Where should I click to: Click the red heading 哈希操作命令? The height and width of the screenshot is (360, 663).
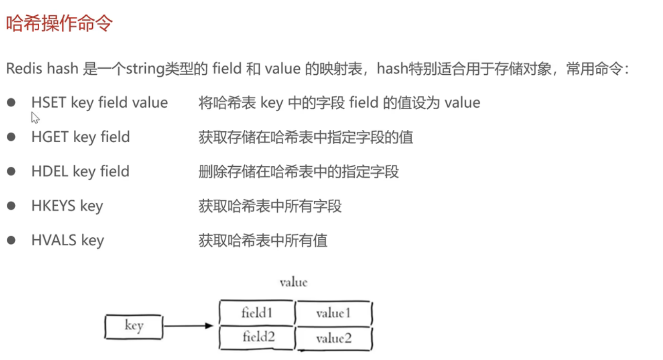pos(59,23)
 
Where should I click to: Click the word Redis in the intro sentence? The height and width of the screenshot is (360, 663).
pos(24,69)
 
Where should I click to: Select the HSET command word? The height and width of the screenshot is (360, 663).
pos(48,103)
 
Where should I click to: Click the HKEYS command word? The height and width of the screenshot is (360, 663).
pos(53,206)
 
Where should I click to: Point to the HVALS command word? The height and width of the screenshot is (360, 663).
pos(54,240)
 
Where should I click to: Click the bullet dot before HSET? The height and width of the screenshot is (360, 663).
pos(11,103)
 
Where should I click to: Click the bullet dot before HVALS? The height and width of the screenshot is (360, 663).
pos(11,240)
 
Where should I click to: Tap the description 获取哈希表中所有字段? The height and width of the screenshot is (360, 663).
pos(270,206)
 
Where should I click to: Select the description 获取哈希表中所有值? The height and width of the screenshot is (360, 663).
pos(263,240)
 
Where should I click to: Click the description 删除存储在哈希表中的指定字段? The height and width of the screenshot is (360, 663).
pos(299,172)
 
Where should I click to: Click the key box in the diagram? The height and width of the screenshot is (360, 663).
pos(134,326)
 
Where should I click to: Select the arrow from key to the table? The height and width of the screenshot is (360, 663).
pos(188,325)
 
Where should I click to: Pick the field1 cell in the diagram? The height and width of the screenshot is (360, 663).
pos(256,313)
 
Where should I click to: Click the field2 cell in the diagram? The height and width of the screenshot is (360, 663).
pos(258,337)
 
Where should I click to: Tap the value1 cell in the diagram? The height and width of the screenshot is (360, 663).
pos(333,313)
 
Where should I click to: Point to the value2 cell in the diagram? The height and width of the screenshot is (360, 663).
pos(333,338)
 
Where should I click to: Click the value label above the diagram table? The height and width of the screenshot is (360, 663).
pos(293,282)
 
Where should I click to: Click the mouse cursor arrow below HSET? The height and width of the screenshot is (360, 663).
pos(35,118)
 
